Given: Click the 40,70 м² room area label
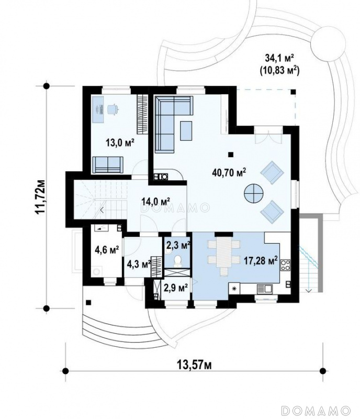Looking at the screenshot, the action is coord(229,173).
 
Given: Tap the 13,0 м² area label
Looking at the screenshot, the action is coord(120,142).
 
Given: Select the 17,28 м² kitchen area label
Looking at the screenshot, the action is coord(261,260).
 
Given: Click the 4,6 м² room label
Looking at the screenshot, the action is coord(107,250).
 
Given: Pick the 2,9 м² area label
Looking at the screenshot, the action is coord(176,288).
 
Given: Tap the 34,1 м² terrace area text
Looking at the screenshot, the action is coord(279,57).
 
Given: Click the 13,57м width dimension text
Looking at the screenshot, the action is coord(195,365).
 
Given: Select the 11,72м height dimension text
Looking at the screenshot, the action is coord(40,197).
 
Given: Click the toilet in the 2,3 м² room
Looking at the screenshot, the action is coord(177,261).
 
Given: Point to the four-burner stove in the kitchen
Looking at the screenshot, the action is coord(285,265).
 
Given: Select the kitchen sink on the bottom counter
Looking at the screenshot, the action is coord(264,289).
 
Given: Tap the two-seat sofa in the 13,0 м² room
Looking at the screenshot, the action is coord(108,164).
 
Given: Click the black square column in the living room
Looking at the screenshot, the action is coord(231,155).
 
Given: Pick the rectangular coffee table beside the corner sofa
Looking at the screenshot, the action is coord(186,130).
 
